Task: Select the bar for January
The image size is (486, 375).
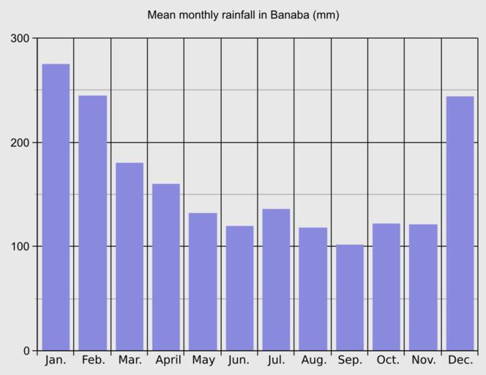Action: coord(56,207)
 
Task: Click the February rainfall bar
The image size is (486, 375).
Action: coord(93,223)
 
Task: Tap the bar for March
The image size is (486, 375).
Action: coord(130,256)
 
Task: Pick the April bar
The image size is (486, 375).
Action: coord(166,267)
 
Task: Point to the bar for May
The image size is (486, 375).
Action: coord(203,281)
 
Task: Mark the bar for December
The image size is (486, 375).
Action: coord(460,223)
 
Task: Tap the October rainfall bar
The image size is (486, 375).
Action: coord(386,287)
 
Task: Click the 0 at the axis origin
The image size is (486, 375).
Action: coord(26,351)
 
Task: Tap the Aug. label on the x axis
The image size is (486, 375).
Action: coord(313,360)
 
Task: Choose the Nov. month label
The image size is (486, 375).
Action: coord(424,360)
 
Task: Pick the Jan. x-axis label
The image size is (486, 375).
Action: coord(56,360)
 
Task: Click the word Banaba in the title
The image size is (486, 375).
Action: coord(290,15)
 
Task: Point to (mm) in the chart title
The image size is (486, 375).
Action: coord(326,15)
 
